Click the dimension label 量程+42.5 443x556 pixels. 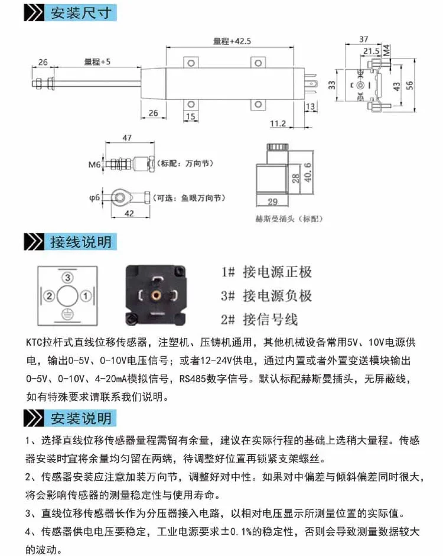point(232,41)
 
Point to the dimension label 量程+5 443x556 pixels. point(97,61)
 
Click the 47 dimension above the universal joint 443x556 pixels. point(126,137)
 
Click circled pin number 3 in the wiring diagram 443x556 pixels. point(68,277)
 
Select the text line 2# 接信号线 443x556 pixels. point(259,320)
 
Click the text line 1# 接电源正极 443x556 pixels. point(266,272)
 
